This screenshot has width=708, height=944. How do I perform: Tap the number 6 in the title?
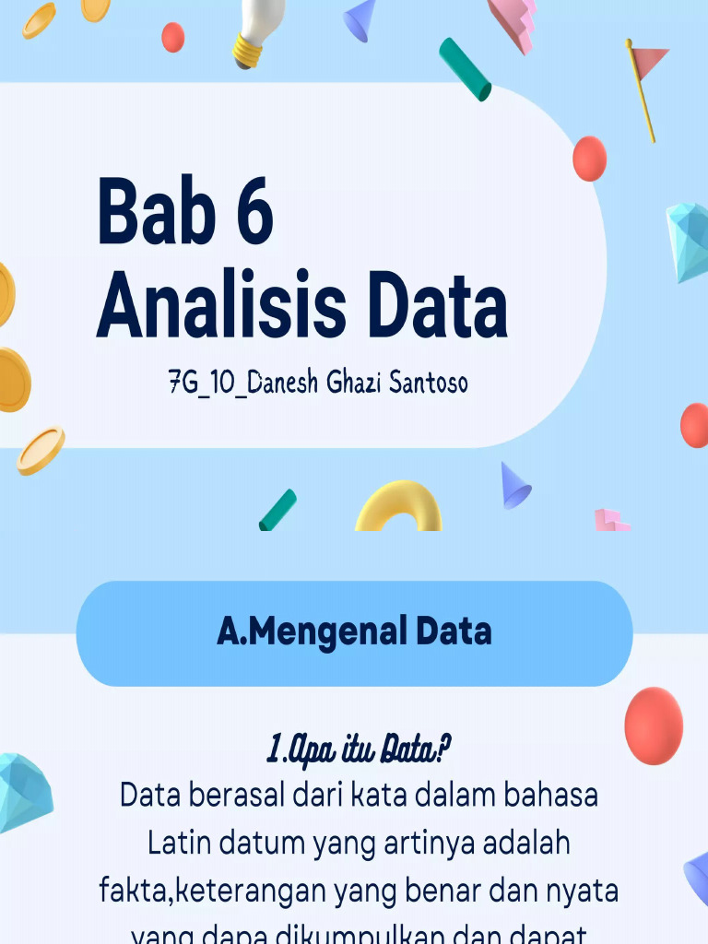click(x=251, y=213)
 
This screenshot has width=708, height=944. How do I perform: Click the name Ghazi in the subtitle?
click(x=354, y=383)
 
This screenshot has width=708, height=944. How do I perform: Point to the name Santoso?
click(x=428, y=383)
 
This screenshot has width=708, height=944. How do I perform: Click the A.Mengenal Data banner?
click(x=354, y=632)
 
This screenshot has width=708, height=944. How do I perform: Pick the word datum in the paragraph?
click(x=263, y=843)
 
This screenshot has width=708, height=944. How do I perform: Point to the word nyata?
click(x=582, y=891)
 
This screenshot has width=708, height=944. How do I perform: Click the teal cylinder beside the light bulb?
click(x=465, y=69)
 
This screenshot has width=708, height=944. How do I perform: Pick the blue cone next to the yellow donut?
click(x=514, y=486)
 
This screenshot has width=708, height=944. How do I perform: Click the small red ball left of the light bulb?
click(x=172, y=37)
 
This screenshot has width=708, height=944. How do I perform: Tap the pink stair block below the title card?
click(x=610, y=520)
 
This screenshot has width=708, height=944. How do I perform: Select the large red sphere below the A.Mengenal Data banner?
click(x=654, y=726)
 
